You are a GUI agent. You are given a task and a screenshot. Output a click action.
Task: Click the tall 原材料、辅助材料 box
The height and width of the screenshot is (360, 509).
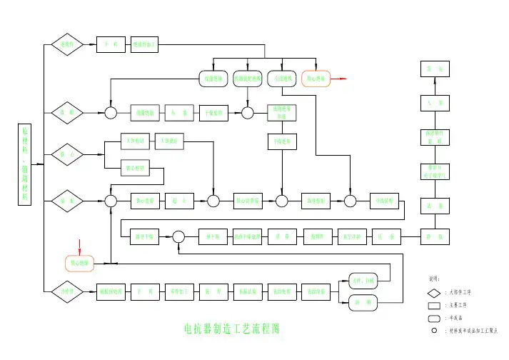[x=26, y=164]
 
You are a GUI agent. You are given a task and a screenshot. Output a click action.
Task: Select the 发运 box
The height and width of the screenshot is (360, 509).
[x=433, y=69]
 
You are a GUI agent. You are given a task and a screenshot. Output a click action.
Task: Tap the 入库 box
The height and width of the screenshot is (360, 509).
[x=433, y=103]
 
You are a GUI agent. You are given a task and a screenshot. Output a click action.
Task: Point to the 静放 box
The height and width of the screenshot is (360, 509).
[x=433, y=236]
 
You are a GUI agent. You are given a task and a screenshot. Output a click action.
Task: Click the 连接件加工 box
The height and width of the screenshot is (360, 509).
[x=146, y=44]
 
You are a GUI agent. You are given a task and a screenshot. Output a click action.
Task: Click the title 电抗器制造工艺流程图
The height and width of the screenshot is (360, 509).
[x=231, y=329]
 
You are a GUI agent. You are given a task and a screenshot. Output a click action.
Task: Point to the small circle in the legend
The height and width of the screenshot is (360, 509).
[x=434, y=331]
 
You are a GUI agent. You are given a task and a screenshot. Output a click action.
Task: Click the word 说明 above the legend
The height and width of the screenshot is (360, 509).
[x=434, y=279]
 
